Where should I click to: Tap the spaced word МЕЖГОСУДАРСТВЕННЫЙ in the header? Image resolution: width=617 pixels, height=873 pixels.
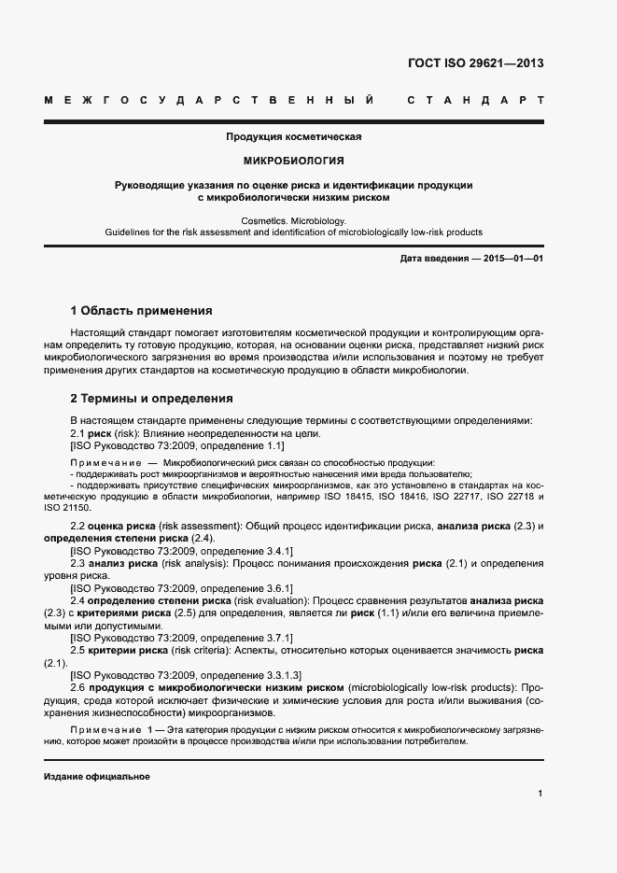point(210,100)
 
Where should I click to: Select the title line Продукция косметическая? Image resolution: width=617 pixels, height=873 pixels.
point(293,137)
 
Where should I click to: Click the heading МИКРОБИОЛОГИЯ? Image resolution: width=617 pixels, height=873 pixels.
point(293,161)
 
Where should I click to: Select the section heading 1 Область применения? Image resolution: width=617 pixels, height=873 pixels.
point(141,311)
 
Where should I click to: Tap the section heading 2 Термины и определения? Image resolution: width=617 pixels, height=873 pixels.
point(151,399)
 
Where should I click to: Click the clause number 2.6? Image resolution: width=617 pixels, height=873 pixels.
point(78,686)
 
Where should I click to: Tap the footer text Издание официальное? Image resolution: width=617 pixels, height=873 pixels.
point(96,777)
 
